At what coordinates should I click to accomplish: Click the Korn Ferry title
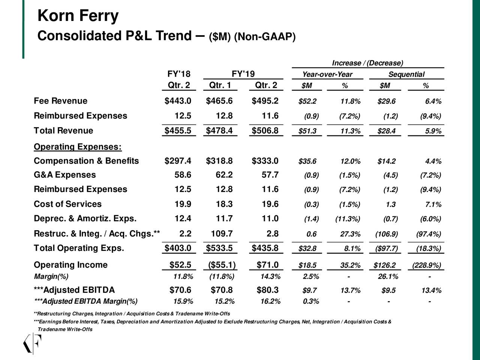(78, 16)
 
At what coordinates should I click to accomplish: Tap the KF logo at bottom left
(32, 343)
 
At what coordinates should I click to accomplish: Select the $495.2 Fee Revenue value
(265, 101)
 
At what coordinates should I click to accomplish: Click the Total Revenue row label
(63, 131)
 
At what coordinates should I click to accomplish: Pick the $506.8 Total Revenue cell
(265, 130)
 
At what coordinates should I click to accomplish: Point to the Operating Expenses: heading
(78, 146)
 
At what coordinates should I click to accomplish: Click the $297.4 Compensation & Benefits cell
(178, 161)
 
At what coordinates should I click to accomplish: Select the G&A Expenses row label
(64, 175)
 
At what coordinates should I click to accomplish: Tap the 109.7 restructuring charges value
(222, 234)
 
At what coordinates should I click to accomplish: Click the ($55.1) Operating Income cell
(222, 265)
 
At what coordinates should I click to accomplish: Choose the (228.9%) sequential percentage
(426, 265)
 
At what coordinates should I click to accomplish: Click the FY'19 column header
(243, 74)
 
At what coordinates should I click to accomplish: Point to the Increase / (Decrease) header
(367, 63)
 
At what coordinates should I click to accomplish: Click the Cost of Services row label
(67, 204)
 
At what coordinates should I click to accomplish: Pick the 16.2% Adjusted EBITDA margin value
(270, 301)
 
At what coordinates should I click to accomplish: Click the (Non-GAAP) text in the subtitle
(265, 37)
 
